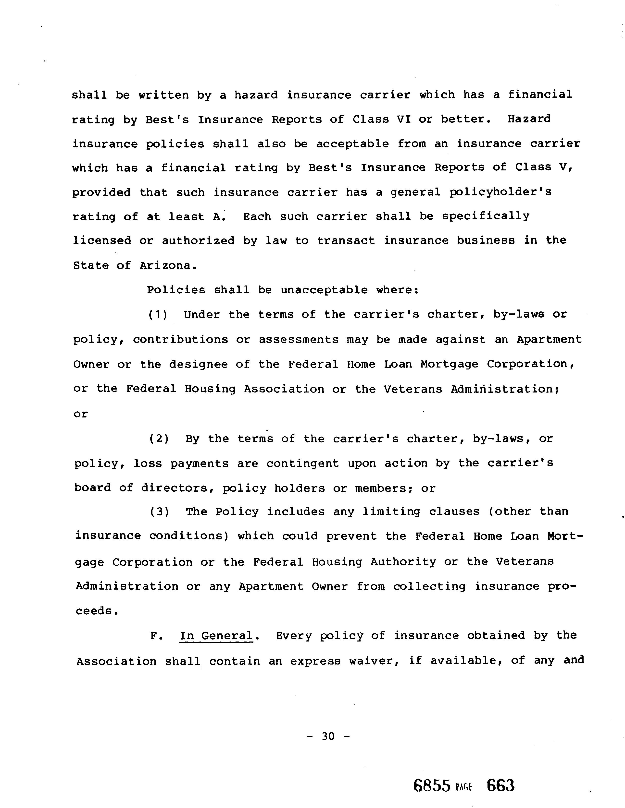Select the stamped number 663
click(x=500, y=785)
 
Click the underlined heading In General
click(x=216, y=636)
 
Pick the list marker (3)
click(x=159, y=512)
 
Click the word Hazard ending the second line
click(x=529, y=119)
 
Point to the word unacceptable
click(x=324, y=290)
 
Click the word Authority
click(x=403, y=562)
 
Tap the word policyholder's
click(x=500, y=192)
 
